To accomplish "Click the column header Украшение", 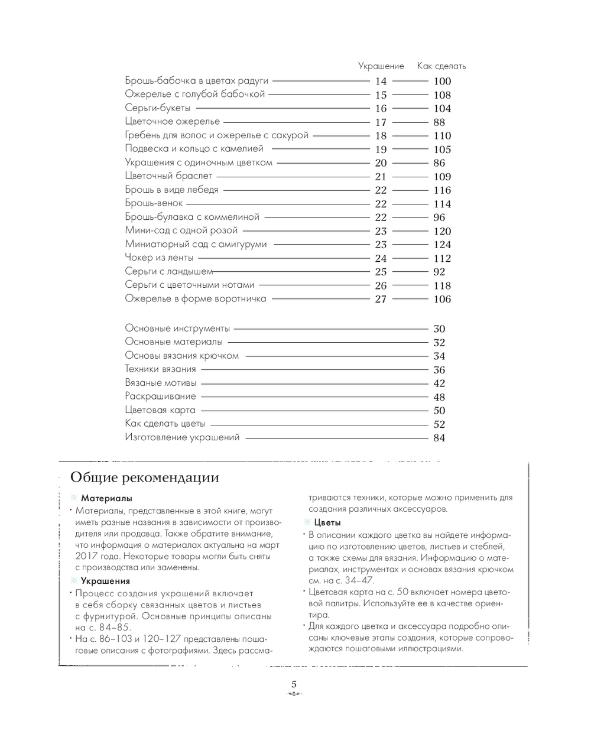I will tap(381, 66).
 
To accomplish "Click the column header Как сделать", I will tap(441, 66).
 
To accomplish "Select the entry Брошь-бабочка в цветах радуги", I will tap(196, 81).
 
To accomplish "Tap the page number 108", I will tap(442, 95).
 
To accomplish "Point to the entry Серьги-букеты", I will tap(158, 108).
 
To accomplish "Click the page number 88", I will tap(439, 122).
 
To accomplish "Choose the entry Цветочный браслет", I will tap(168, 176).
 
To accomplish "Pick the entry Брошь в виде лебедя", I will tap(171, 190).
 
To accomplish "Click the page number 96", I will tap(439, 217).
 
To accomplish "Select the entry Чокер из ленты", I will tap(159, 258).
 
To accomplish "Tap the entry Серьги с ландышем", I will tap(168, 271).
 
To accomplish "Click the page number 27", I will tap(381, 299).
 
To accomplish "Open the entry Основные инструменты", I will tap(177, 329).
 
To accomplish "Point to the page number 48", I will tap(439, 397).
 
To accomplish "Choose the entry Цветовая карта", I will tap(160, 410).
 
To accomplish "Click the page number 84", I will tap(439, 438).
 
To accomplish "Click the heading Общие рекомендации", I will tap(145, 477).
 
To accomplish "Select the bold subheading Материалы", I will tap(106, 498).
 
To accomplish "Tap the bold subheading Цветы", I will tap(327, 522).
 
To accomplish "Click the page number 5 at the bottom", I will tap(294, 684).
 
